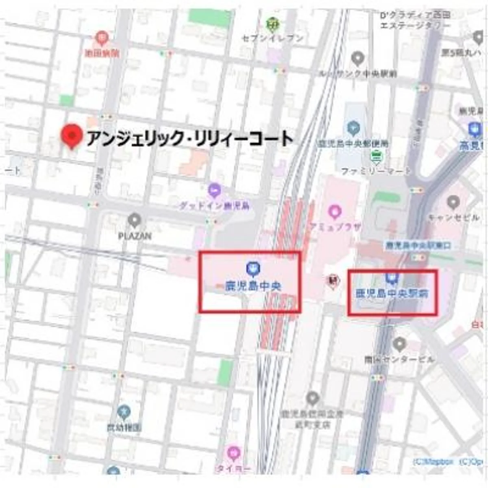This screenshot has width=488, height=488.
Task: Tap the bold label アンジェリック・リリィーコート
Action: point(190,139)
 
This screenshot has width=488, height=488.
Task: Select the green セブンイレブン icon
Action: point(272,25)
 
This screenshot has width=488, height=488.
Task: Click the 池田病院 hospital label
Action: point(102,52)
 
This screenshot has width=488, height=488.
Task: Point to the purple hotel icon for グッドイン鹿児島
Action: point(215,190)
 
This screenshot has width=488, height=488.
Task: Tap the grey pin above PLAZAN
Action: point(134,220)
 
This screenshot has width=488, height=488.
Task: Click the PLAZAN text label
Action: point(135,235)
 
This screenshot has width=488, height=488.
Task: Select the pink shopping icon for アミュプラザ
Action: point(334,212)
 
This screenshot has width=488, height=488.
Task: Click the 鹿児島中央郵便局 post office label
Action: point(353,144)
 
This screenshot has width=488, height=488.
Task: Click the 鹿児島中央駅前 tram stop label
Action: point(392,293)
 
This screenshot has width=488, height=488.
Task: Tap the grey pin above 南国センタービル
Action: point(400,344)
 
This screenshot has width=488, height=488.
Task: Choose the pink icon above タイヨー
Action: point(233,453)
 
